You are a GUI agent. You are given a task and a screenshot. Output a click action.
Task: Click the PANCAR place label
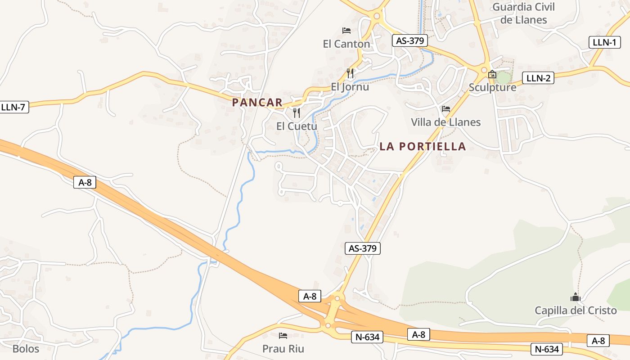click(x=257, y=103)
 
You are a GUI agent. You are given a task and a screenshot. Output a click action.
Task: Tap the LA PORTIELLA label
click(x=423, y=146)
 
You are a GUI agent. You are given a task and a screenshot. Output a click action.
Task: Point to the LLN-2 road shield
click(x=538, y=78)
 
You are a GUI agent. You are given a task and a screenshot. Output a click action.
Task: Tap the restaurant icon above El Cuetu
click(x=296, y=112)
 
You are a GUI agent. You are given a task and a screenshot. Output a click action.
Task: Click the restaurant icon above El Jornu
click(x=350, y=73)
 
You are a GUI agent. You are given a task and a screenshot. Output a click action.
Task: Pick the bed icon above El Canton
click(x=346, y=31)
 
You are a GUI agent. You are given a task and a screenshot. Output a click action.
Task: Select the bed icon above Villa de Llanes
click(x=446, y=109)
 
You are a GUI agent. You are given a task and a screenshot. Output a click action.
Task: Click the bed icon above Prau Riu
click(x=283, y=336)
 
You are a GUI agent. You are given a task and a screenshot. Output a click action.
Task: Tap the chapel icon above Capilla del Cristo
click(x=575, y=297)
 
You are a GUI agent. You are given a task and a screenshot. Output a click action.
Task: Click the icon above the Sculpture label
click(x=492, y=75)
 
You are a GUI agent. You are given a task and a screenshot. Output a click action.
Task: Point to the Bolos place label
click(x=26, y=349)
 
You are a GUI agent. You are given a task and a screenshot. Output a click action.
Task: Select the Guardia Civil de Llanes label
click(x=523, y=13)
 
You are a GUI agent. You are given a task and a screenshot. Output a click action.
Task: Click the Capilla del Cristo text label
click(x=576, y=310)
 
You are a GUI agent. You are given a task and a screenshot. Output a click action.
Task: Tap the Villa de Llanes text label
click(x=445, y=122)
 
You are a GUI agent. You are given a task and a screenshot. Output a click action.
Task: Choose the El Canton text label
click(x=346, y=44)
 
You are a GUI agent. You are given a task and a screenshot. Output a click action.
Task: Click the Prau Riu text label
click(x=283, y=349)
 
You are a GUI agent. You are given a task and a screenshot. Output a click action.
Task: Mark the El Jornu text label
click(x=350, y=87)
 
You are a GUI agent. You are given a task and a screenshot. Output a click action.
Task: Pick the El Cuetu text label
click(x=297, y=126)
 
